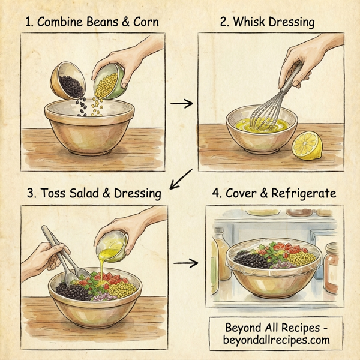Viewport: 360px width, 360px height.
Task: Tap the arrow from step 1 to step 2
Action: [x=182, y=104]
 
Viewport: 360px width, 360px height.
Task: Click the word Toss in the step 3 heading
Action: [x=50, y=193]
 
